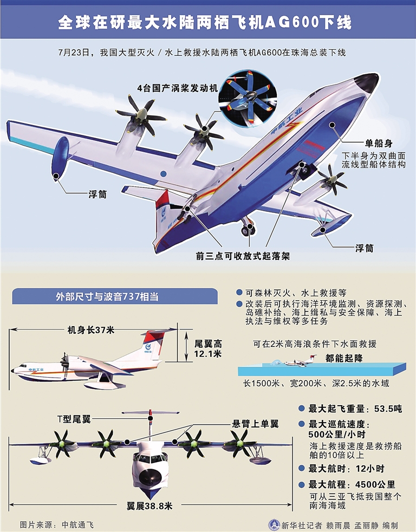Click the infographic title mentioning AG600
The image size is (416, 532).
coord(207,23)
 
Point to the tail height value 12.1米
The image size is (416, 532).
coord(209,354)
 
